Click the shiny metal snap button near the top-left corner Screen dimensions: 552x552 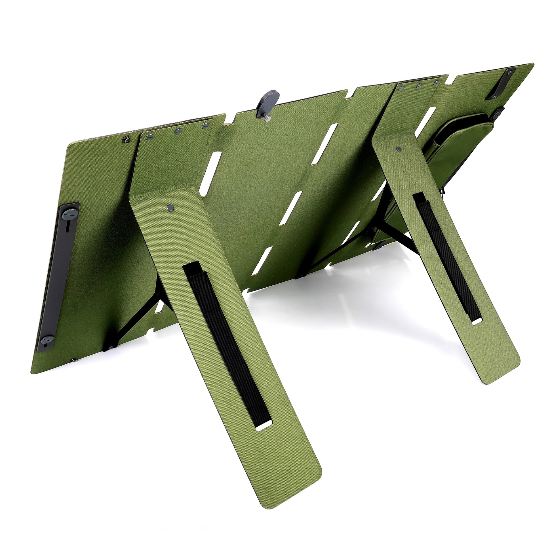tap(125, 140)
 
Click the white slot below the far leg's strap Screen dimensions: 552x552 tap(476, 322)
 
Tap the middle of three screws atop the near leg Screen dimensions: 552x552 tap(178, 131)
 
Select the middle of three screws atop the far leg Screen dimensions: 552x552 tap(419, 85)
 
